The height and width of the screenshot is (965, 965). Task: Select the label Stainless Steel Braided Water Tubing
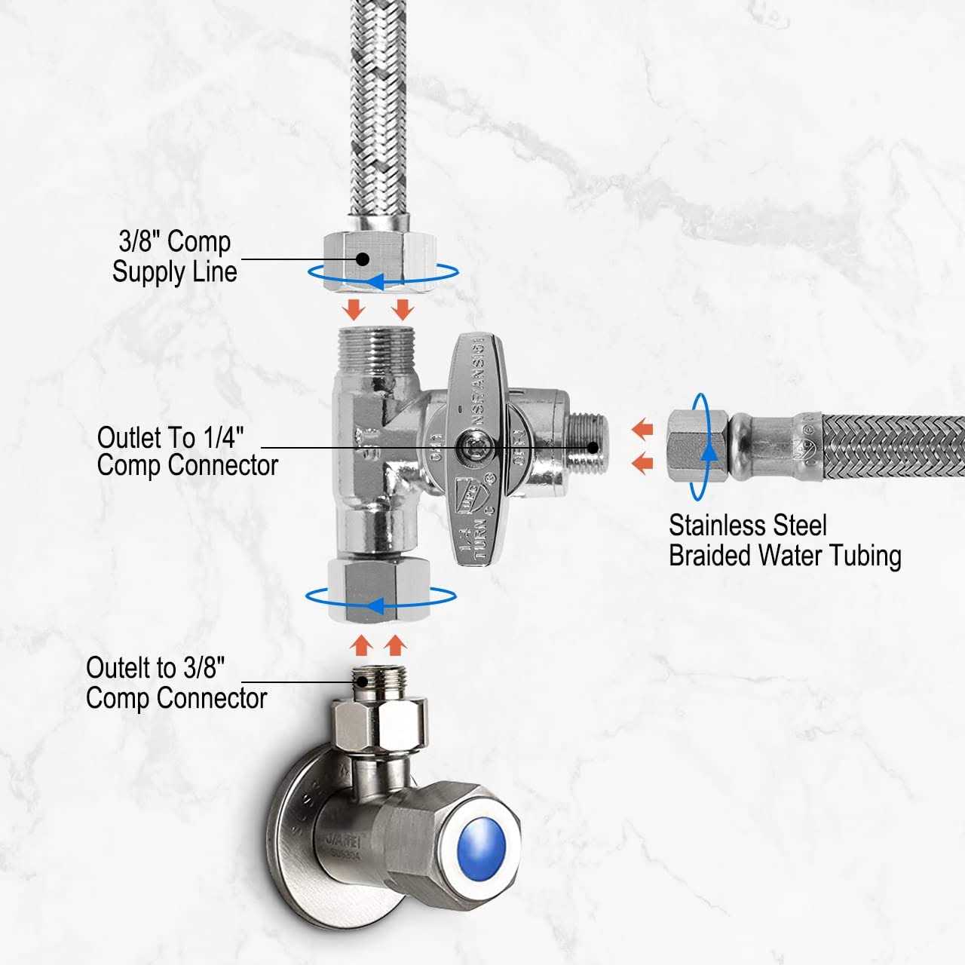click(784, 541)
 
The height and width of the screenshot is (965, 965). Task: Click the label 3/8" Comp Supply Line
click(174, 257)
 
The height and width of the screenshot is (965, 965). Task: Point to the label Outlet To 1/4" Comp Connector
click(187, 452)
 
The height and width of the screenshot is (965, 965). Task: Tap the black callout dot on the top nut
click(362, 259)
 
